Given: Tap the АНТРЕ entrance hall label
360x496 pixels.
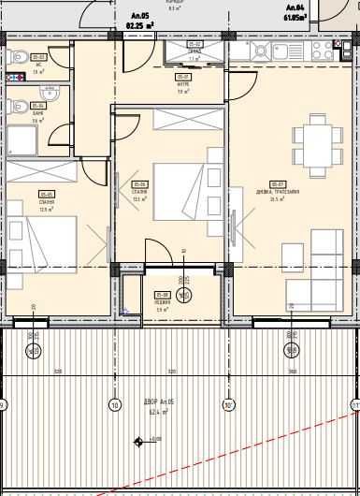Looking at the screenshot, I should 182,86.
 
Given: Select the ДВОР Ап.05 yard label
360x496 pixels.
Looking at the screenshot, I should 157,405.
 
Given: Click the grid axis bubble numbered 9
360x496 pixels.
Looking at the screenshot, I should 3,405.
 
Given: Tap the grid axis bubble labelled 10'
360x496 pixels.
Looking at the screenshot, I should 227,405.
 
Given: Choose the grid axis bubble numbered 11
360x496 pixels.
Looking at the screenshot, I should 354,405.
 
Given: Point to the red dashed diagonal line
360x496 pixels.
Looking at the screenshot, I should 234,459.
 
